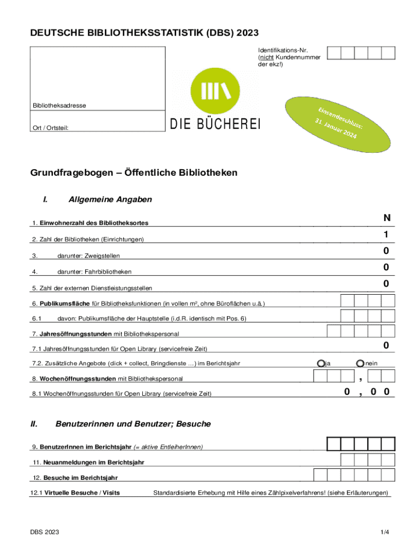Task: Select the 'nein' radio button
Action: [360, 363]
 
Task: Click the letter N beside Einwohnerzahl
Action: [386, 218]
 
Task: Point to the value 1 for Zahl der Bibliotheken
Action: [386, 235]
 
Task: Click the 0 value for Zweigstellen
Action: [386, 251]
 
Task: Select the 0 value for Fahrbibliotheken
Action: [386, 267]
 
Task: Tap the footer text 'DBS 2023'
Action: [45, 532]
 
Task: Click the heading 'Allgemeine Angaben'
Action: [110, 200]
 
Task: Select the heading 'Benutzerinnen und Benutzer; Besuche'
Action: [133, 424]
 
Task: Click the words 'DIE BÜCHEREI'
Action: [215, 124]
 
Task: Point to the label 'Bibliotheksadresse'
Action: [59, 105]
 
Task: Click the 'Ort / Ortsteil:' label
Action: [53, 128]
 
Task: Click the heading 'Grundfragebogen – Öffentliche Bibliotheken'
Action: [134, 173]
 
